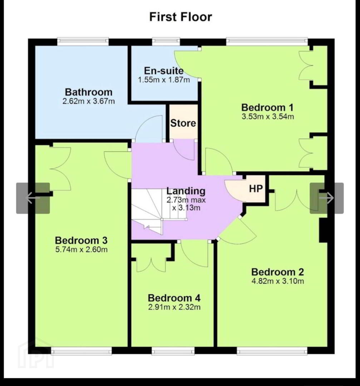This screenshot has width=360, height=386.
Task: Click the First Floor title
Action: pyautogui.click(x=181, y=17)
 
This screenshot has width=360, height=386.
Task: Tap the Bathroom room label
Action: pyautogui.click(x=89, y=92)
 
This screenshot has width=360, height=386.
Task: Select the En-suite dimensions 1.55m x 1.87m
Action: pyautogui.click(x=164, y=80)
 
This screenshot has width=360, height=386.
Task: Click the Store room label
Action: pyautogui.click(x=183, y=123)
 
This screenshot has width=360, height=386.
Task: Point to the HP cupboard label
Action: pyautogui.click(x=256, y=189)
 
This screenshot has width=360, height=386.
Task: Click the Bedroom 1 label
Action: pyautogui.click(x=267, y=108)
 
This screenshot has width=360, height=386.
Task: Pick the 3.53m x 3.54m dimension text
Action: pyautogui.click(x=268, y=117)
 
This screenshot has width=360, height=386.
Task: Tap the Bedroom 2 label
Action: pyautogui.click(x=277, y=272)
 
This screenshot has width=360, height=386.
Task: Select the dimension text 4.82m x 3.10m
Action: pyautogui.click(x=277, y=281)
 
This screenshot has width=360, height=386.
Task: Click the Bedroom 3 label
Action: pyautogui.click(x=81, y=240)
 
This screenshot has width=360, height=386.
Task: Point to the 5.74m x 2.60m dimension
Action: pyautogui.click(x=81, y=249)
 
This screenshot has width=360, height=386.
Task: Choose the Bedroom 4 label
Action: pyautogui.click(x=174, y=298)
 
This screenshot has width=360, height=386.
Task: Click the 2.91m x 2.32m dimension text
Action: pyautogui.click(x=174, y=307)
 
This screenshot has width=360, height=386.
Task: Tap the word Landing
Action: pyautogui.click(x=186, y=191)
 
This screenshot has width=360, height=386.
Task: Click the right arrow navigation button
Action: pyautogui.click(x=326, y=198)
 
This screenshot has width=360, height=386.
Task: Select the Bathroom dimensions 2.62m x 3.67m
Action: pyautogui.click(x=89, y=101)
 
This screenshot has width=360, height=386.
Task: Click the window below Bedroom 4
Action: pyautogui.click(x=173, y=350)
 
